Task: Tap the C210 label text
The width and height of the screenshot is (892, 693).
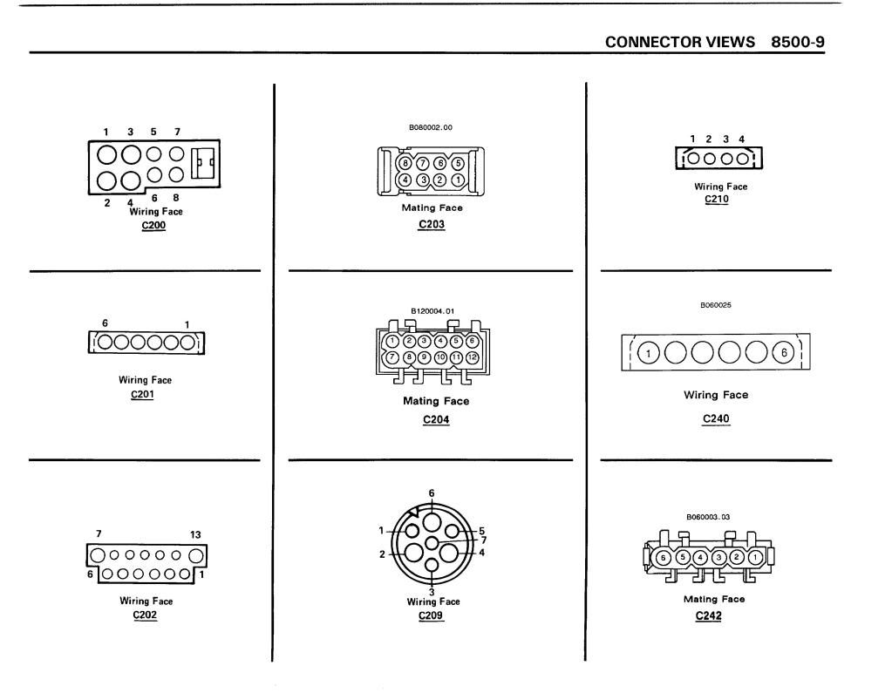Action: point(715,199)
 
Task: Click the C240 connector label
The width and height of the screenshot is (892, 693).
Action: point(715,418)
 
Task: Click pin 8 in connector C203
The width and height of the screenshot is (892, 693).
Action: point(405,163)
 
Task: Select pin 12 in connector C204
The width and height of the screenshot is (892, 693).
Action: point(471,357)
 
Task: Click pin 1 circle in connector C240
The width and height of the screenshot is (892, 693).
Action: point(649,353)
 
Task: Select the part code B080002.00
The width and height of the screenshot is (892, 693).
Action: point(431,127)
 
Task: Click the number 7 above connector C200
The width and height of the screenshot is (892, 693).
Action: point(177,132)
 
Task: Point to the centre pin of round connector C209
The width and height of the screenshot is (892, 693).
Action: point(432,542)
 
